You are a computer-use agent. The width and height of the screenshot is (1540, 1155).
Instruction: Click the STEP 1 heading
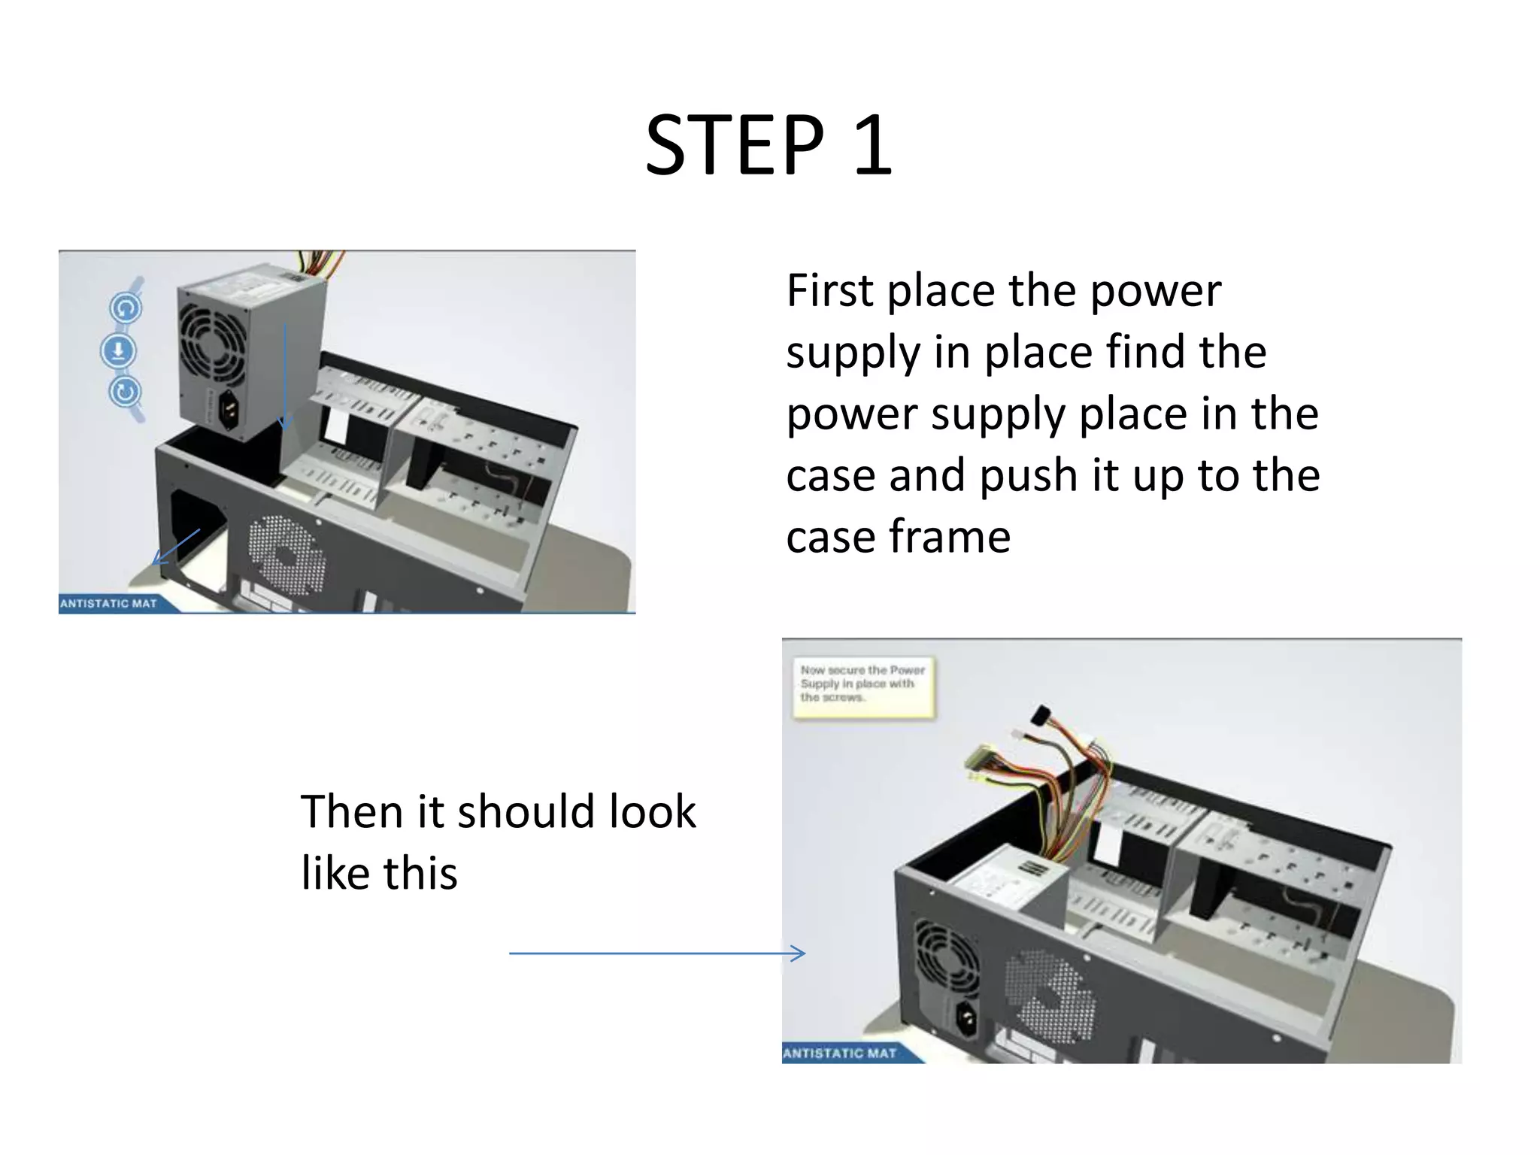click(x=768, y=145)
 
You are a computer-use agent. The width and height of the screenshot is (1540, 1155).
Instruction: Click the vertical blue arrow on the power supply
click(x=284, y=376)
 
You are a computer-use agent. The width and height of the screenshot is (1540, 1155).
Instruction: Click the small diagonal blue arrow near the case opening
click(x=177, y=546)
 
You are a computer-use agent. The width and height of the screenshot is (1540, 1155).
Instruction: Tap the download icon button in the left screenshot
click(x=118, y=350)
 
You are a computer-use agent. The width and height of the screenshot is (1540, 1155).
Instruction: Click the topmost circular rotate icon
click(x=126, y=308)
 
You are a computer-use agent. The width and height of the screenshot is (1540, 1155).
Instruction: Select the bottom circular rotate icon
click(x=125, y=392)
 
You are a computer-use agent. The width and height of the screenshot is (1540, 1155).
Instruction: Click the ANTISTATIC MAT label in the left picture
click(x=108, y=603)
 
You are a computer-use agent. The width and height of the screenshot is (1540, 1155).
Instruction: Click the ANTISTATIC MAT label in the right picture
click(x=840, y=1053)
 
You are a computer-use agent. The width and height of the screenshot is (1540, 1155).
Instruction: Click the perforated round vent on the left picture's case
click(x=287, y=554)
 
